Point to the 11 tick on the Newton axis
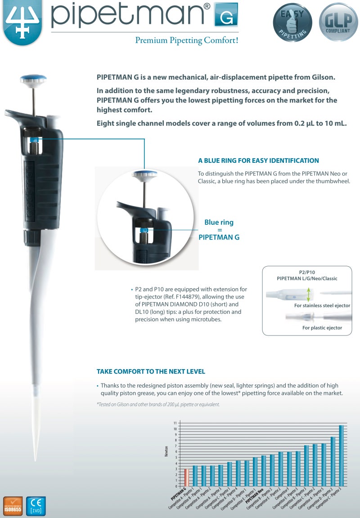point(175,423)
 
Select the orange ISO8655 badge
point(12,506)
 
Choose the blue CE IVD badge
point(36,506)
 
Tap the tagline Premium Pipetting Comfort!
point(187,40)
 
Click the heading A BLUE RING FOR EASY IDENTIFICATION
point(258,161)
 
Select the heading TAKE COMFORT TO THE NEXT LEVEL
point(151,371)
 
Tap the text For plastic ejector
point(322,328)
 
